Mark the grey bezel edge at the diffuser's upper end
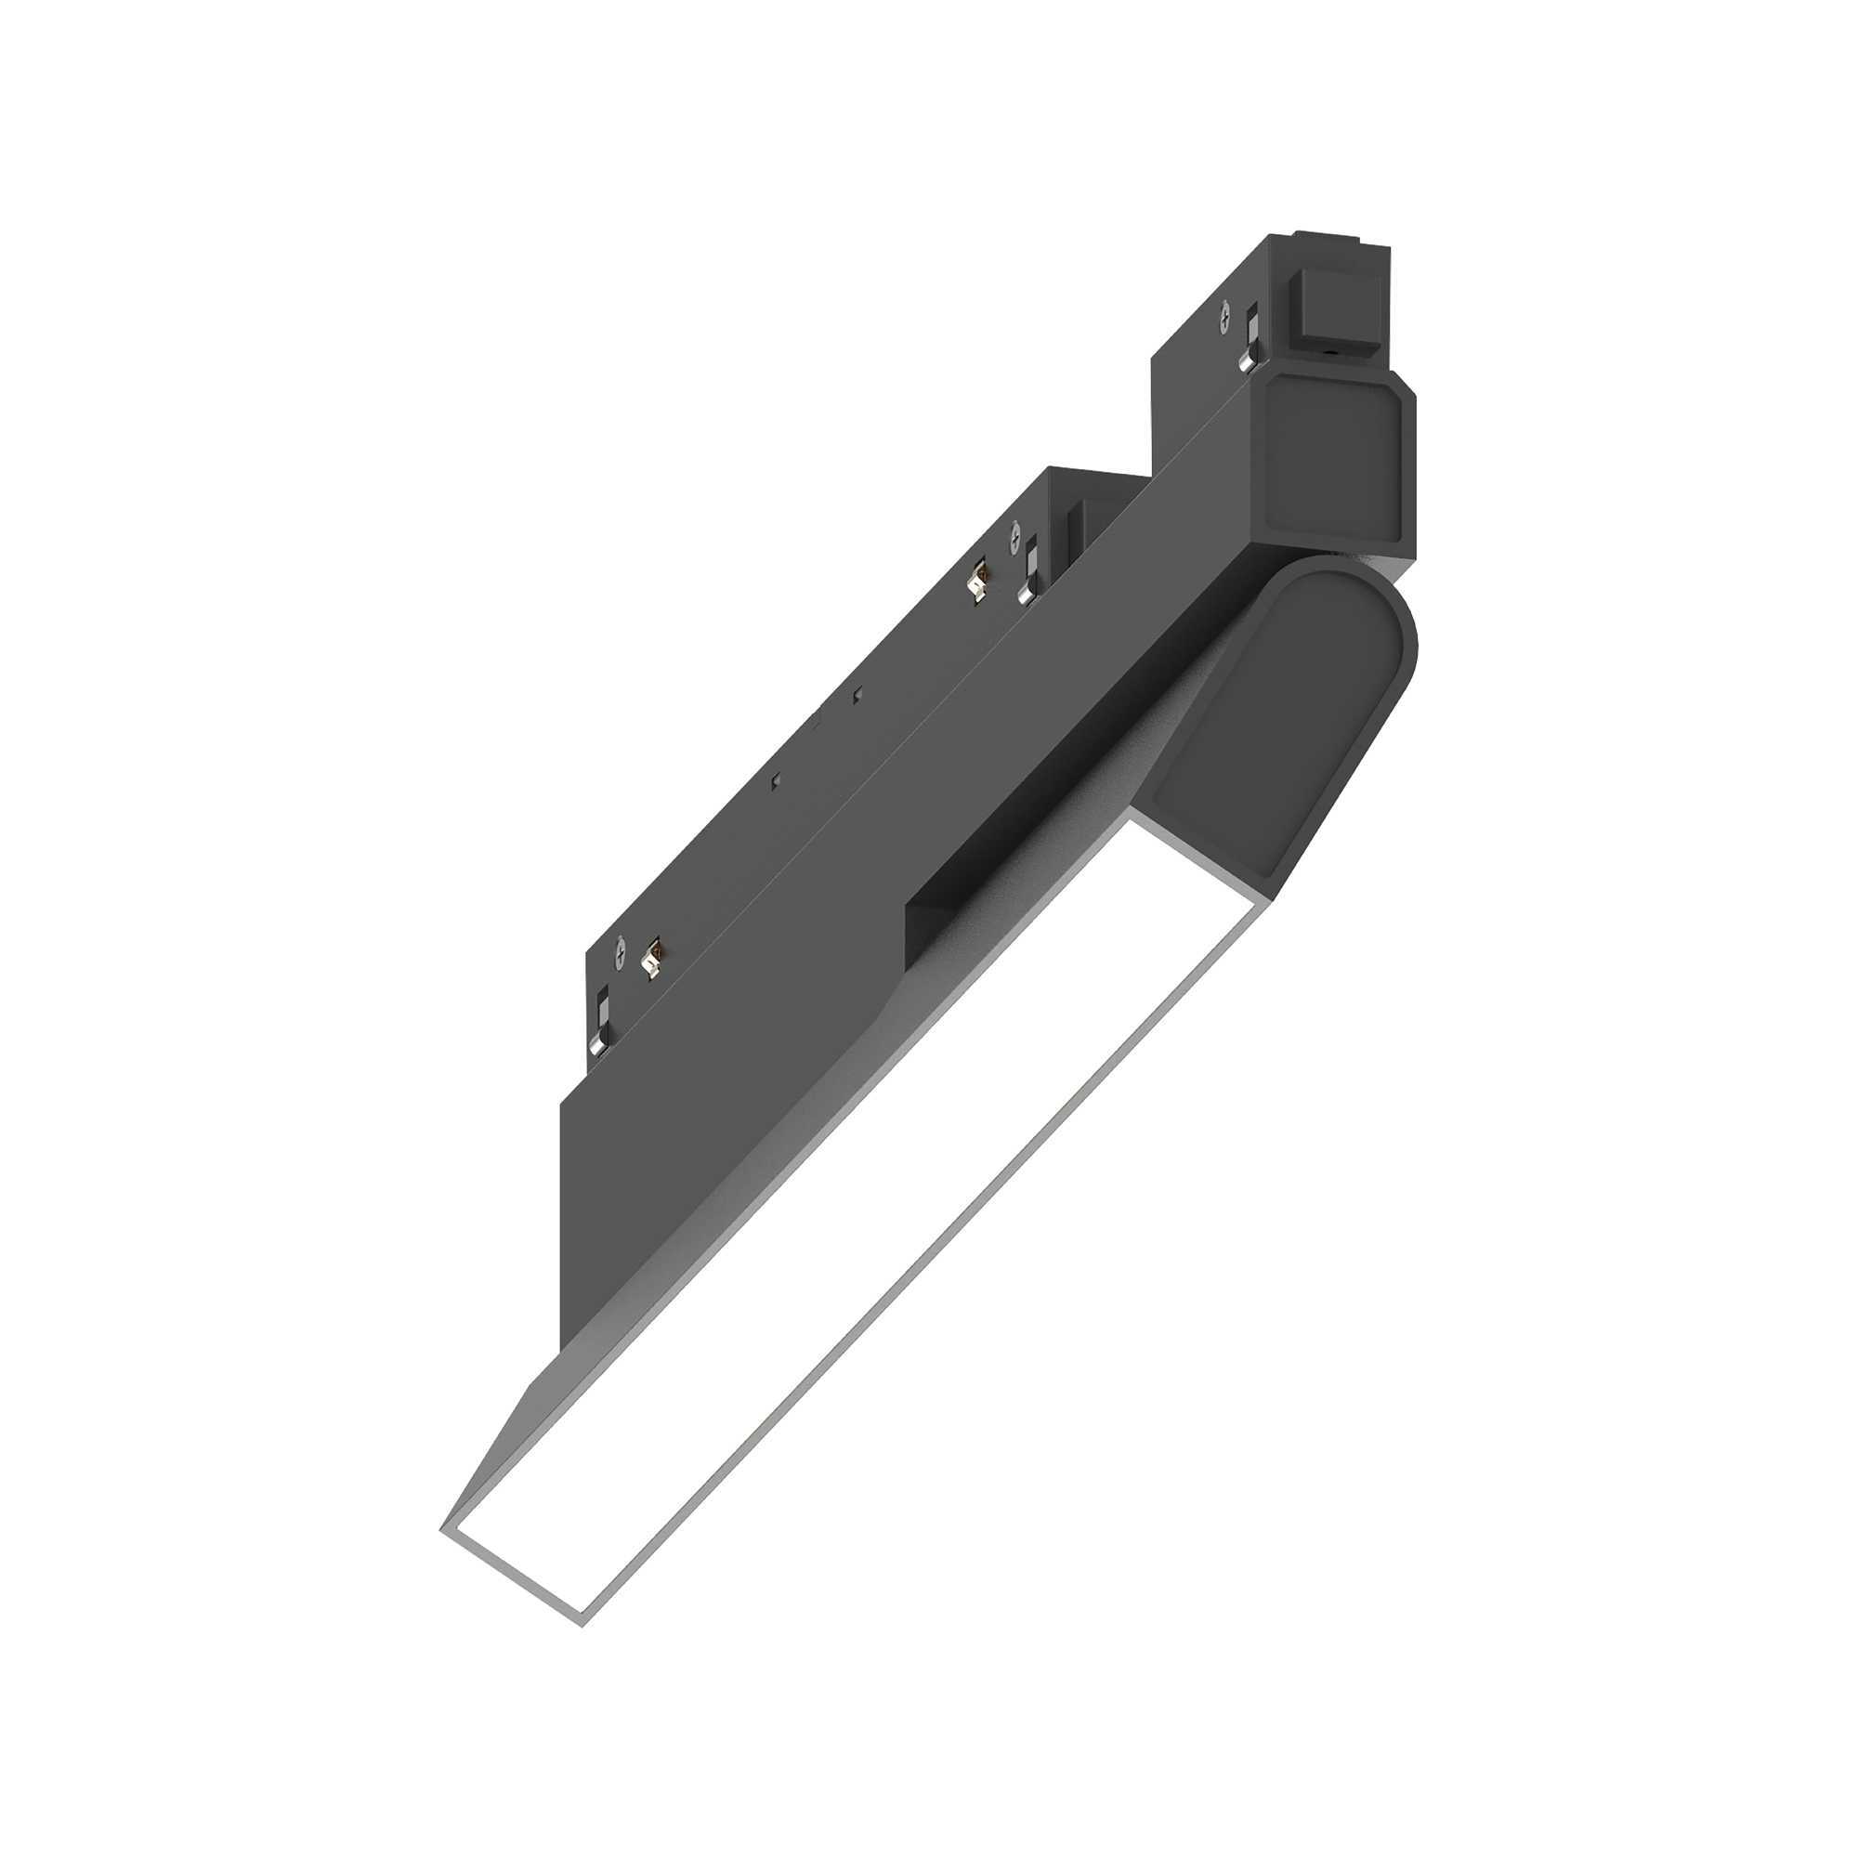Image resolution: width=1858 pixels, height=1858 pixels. tap(1193, 846)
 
